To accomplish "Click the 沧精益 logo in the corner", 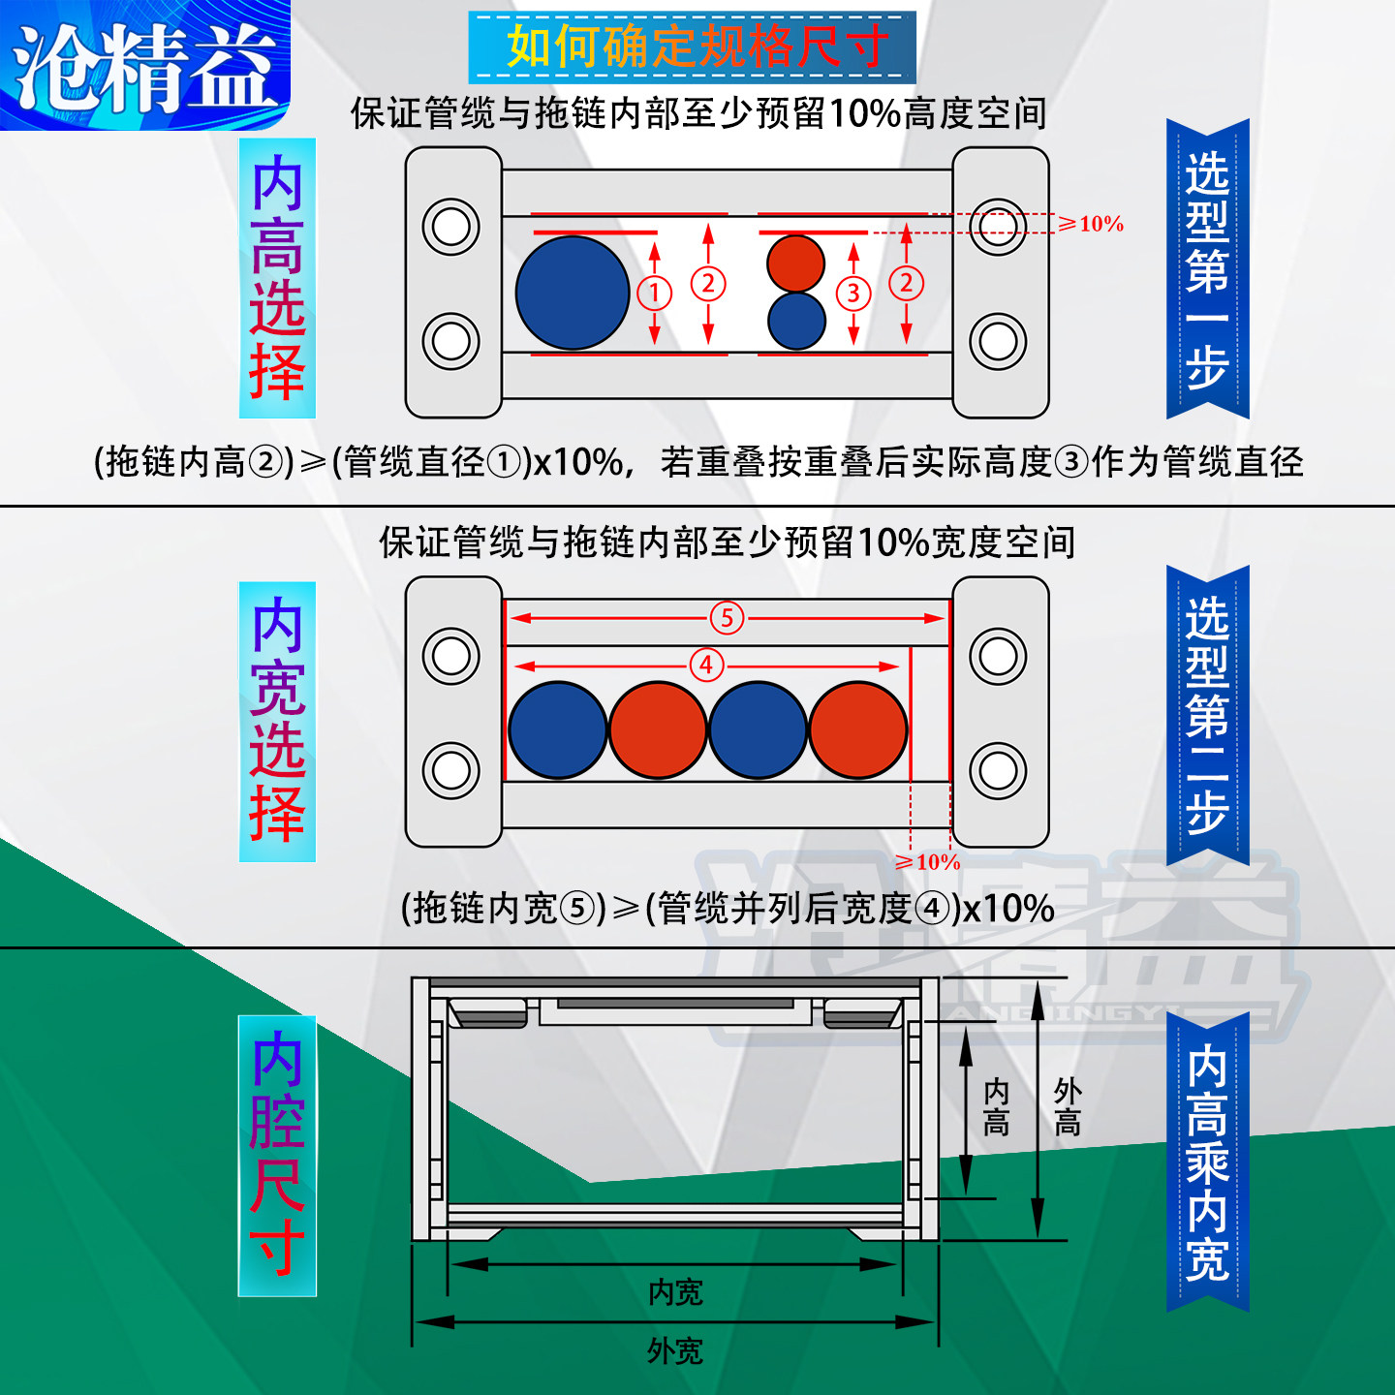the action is pyautogui.click(x=145, y=66).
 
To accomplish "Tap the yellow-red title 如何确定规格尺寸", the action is pyautogui.click(x=693, y=46).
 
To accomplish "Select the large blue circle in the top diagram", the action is pyautogui.click(x=573, y=293).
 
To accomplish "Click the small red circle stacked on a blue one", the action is pyautogui.click(x=795, y=263).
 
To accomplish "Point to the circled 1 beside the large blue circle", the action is pyautogui.click(x=655, y=292).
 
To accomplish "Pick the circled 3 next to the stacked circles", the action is pyautogui.click(x=853, y=293).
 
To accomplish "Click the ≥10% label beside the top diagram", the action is pyautogui.click(x=1092, y=224).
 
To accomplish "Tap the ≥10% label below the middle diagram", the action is pyautogui.click(x=928, y=861).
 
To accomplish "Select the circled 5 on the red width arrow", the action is pyautogui.click(x=727, y=618).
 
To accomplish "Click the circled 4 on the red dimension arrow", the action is pyautogui.click(x=706, y=666).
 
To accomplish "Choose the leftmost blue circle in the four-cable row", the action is pyautogui.click(x=557, y=730).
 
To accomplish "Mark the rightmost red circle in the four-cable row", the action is pyautogui.click(x=858, y=730).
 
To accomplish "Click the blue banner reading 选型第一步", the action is pyautogui.click(x=1207, y=269).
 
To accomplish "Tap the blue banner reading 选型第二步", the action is pyautogui.click(x=1207, y=715).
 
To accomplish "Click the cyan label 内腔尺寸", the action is pyautogui.click(x=277, y=1155).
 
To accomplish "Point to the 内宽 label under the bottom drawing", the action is pyautogui.click(x=675, y=1291).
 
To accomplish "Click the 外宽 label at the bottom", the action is pyautogui.click(x=675, y=1350).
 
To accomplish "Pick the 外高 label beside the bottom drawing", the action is pyautogui.click(x=1068, y=1107).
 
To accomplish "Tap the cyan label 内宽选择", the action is pyautogui.click(x=277, y=721).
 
